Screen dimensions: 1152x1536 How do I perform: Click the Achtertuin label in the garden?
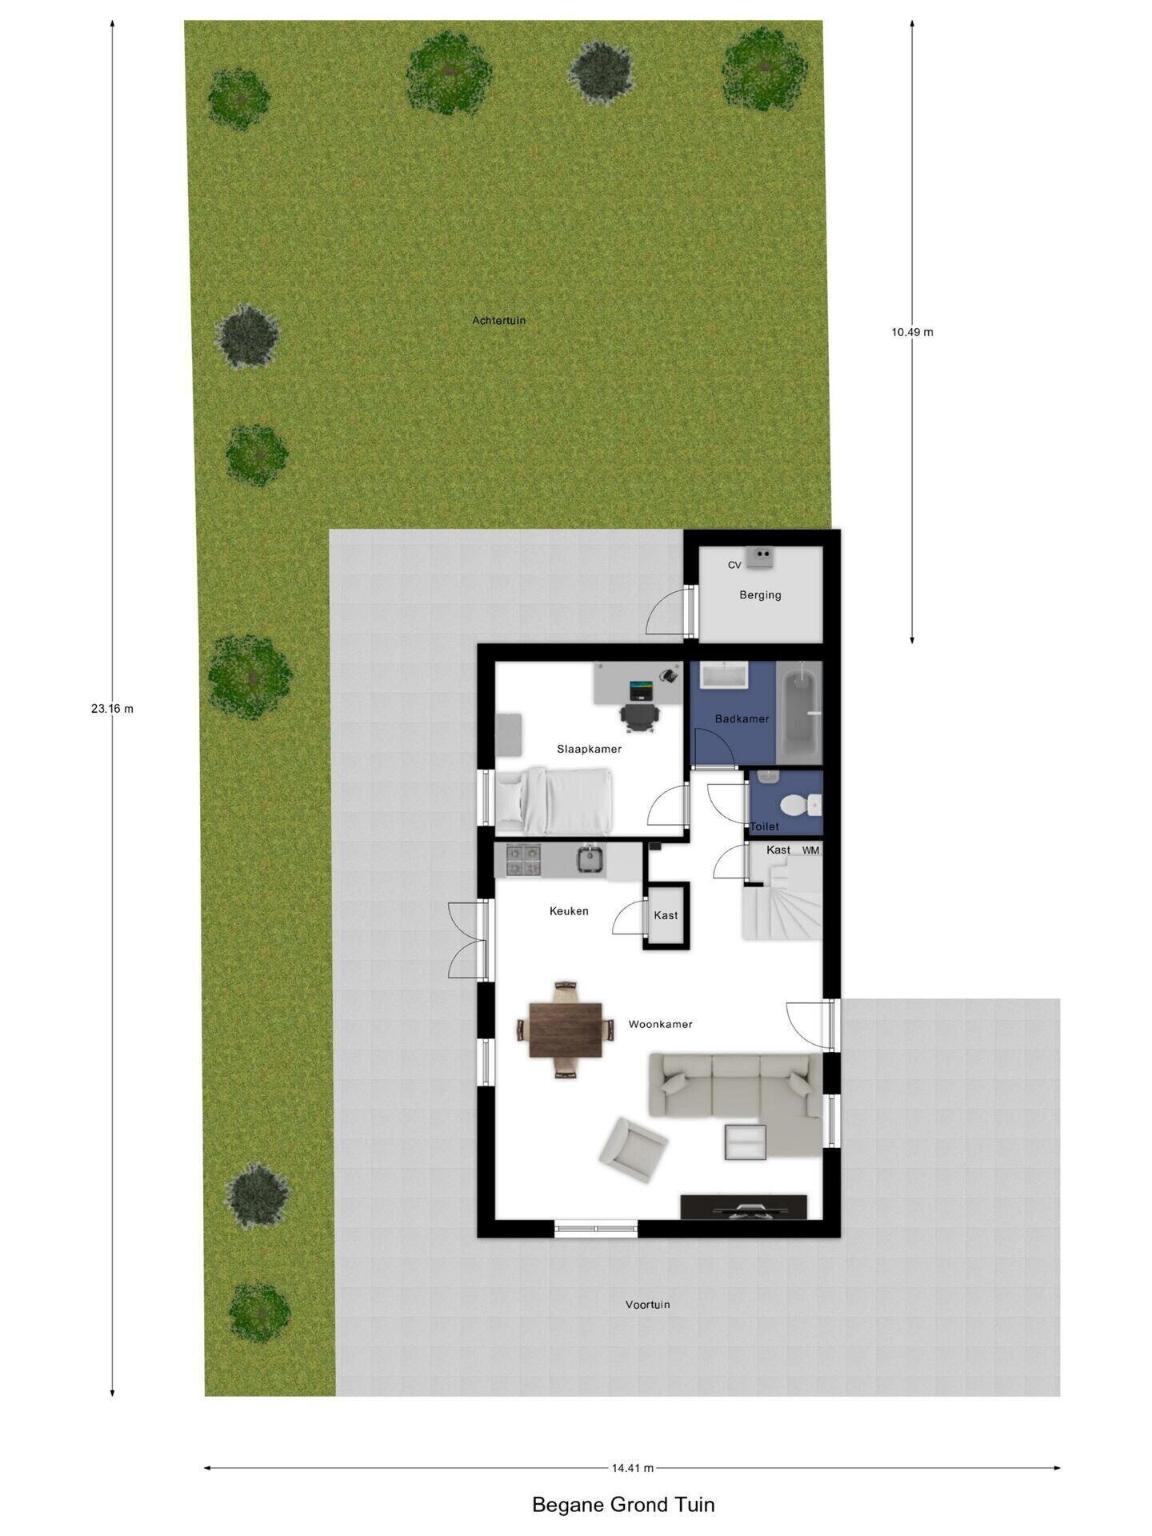click(x=498, y=320)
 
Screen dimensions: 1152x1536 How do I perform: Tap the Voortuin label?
click(x=647, y=1304)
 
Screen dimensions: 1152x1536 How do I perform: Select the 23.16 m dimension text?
click(x=112, y=708)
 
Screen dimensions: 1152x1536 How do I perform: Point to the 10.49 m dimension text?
click(x=912, y=332)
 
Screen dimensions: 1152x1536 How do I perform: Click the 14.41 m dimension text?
click(x=632, y=1468)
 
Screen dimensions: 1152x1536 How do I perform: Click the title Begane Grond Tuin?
click(x=623, y=1505)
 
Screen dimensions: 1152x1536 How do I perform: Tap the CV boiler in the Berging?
click(x=759, y=557)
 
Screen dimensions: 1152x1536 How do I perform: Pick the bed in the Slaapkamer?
click(x=554, y=801)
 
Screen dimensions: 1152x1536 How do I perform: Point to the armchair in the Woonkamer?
click(x=634, y=1150)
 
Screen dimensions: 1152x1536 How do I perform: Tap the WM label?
click(x=810, y=850)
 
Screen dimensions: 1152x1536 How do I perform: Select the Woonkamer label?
click(x=660, y=1024)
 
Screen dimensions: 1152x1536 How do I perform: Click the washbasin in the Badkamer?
click(x=724, y=674)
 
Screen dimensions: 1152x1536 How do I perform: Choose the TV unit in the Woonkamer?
click(x=743, y=1207)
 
